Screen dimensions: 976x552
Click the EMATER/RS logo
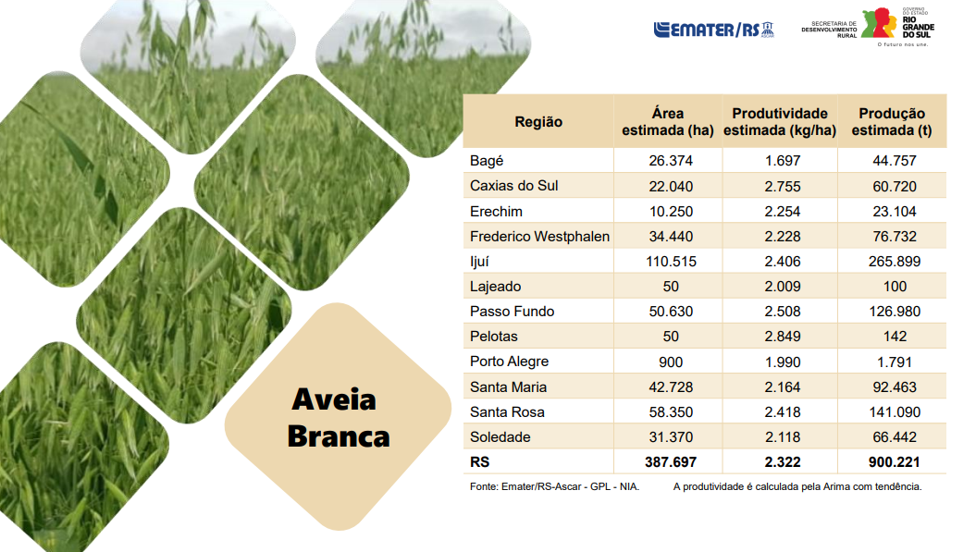point(713,30)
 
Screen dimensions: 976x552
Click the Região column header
point(538,122)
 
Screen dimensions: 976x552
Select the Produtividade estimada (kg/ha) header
point(780,122)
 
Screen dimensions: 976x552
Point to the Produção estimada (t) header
point(892,122)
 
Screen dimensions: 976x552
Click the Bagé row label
point(487,161)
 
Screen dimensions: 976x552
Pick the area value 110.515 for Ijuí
point(671,262)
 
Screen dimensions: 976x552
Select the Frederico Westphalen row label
point(539,237)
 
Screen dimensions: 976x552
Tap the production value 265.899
point(895,262)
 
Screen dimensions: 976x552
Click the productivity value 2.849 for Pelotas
point(783,337)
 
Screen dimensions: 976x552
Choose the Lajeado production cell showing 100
point(896,287)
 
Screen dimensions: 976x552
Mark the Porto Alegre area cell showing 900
point(671,362)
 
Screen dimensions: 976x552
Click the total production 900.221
point(895,461)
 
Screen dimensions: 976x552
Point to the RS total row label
point(480,461)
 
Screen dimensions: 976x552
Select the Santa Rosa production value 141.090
point(895,412)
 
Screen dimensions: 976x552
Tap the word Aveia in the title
point(334,399)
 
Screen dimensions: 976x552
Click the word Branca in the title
point(339,436)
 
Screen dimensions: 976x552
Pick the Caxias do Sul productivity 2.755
point(783,186)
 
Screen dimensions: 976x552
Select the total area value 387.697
point(671,461)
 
